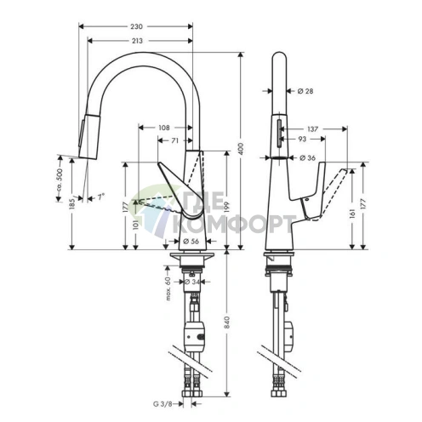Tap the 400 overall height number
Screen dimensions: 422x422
[242, 149]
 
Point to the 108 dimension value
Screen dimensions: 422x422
[163, 128]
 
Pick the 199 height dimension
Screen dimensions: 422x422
[227, 207]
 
